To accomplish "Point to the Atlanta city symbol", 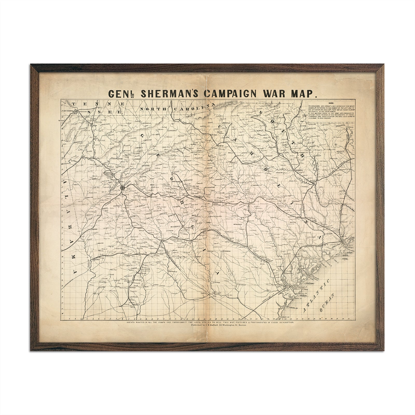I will click(123, 186).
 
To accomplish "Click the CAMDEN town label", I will click(318, 156).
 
